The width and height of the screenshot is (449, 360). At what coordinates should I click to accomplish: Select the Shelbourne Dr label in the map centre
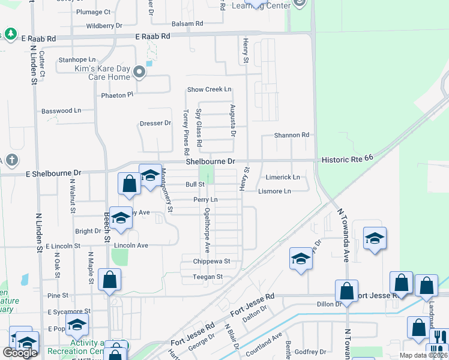point(209,161)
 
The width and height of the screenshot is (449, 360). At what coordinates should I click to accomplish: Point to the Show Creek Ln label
point(209,89)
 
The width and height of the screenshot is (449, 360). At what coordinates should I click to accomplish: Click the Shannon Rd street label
point(292,135)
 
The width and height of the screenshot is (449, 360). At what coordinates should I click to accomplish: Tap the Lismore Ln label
point(274,191)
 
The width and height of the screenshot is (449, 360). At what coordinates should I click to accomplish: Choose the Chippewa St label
point(211,262)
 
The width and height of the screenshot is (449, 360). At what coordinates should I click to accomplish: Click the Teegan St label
point(208,277)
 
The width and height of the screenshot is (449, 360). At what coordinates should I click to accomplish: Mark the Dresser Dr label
point(155,123)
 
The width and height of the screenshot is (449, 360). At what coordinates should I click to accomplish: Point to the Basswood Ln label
point(61,111)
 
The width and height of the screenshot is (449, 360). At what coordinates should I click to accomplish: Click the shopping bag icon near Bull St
point(129,184)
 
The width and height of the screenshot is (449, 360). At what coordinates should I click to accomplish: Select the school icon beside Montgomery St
point(150,175)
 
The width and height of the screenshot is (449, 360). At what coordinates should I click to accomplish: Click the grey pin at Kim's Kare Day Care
point(140,73)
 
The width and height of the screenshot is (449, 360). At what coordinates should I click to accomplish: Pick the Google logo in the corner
point(20,352)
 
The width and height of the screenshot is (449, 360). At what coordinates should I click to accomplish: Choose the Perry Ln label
point(205,199)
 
